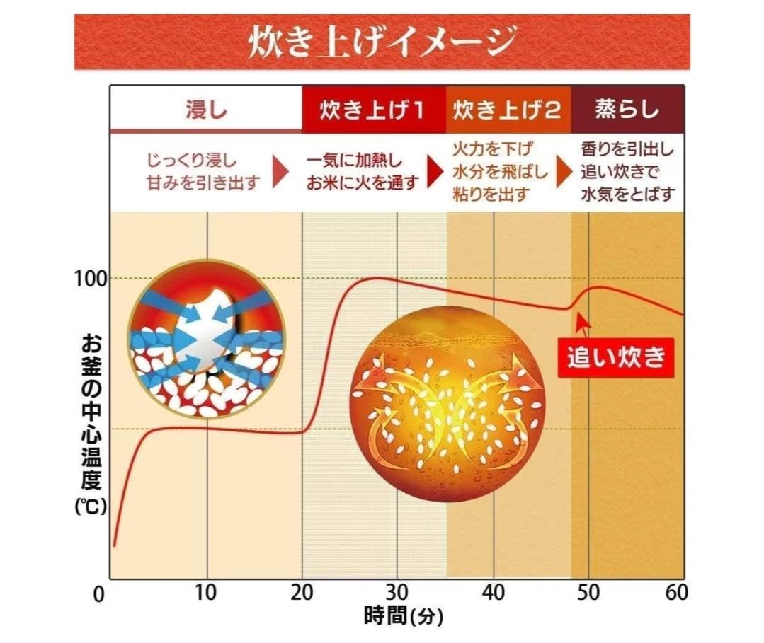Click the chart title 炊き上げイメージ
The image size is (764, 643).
click(x=382, y=42)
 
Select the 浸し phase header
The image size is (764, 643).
click(x=205, y=110)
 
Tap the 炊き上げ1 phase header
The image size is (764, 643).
click(x=373, y=110)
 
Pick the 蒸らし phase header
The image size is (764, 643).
click(x=627, y=110)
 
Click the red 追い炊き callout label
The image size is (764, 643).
click(x=615, y=357)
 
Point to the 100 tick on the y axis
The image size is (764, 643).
click(x=91, y=278)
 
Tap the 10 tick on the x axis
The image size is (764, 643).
click(x=206, y=593)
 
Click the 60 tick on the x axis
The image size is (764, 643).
click(x=677, y=593)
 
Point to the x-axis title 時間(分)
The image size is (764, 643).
click(x=404, y=615)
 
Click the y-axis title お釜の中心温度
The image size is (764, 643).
click(x=91, y=410)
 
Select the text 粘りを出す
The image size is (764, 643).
click(x=491, y=194)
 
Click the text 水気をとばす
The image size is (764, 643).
click(x=627, y=193)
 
